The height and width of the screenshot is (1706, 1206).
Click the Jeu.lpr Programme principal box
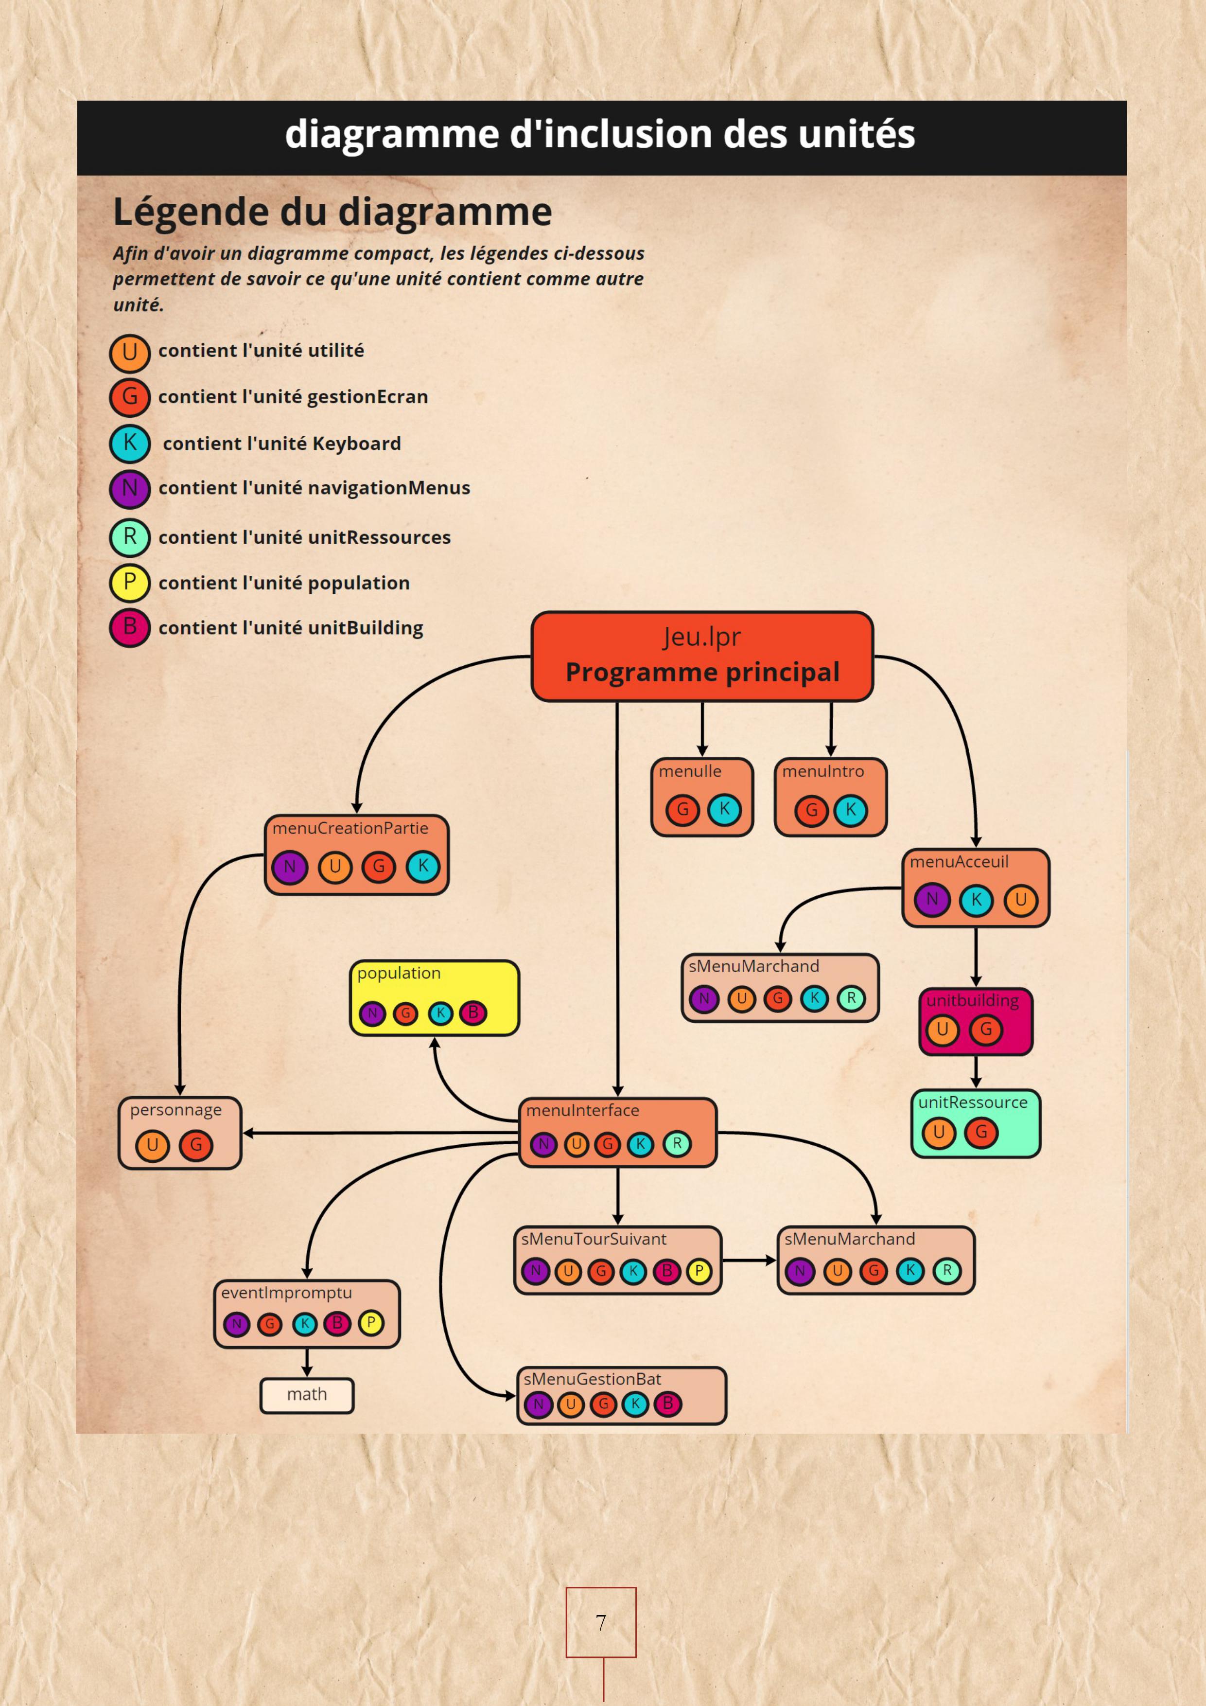pyautogui.click(x=702, y=656)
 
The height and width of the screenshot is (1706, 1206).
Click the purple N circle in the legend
pyautogui.click(x=130, y=488)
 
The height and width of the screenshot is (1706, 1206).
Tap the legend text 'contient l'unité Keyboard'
pyautogui.click(x=281, y=444)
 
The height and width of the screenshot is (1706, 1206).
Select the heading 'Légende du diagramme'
pyautogui.click(x=332, y=212)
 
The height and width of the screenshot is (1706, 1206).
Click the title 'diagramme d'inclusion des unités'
pyautogui.click(x=600, y=134)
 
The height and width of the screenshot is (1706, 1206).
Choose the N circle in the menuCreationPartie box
pyautogui.click(x=290, y=867)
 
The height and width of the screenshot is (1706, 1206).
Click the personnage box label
pyautogui.click(x=176, y=1110)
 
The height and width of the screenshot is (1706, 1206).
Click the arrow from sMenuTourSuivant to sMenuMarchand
pyautogui.click(x=749, y=1260)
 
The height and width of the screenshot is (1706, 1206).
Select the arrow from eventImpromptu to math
pyautogui.click(x=307, y=1362)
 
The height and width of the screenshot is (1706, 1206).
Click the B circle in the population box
pyautogui.click(x=473, y=1013)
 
